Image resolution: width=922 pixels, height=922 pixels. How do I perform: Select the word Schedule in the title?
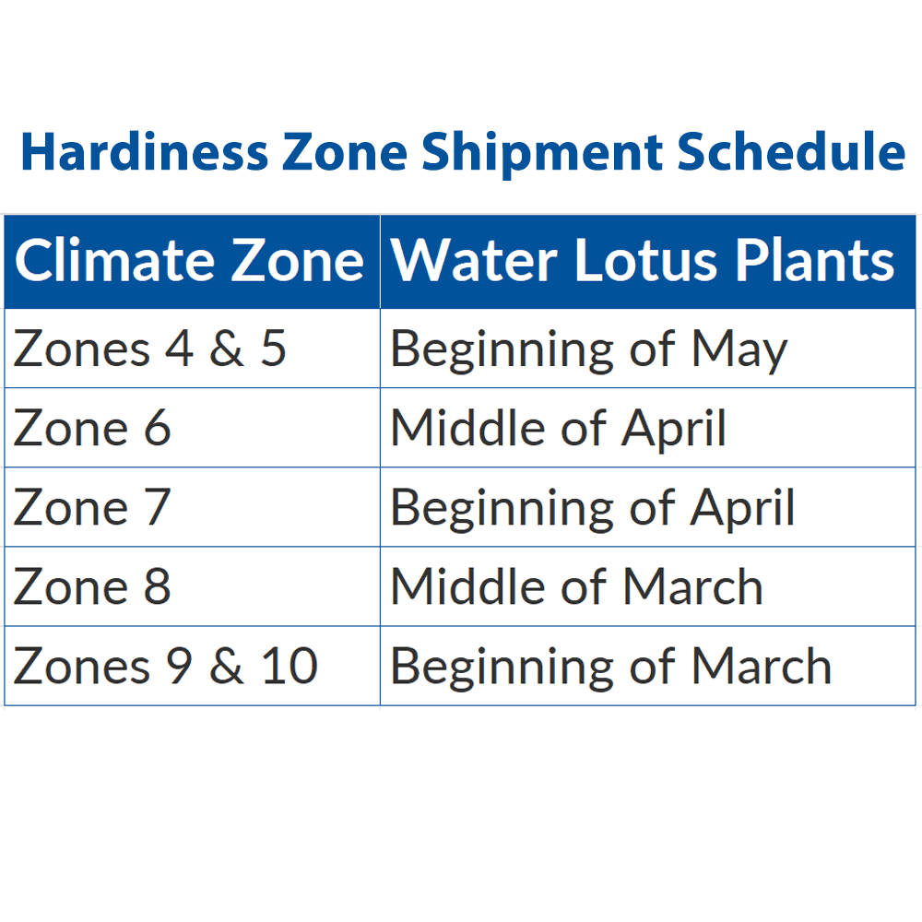(791, 152)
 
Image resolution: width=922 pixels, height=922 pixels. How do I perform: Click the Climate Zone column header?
(190, 261)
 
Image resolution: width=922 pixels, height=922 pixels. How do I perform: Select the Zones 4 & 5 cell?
(150, 349)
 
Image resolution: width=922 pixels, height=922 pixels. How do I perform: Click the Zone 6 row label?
(92, 428)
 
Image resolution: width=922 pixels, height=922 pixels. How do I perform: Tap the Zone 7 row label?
(92, 507)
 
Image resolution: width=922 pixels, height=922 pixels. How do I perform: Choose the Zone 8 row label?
(92, 586)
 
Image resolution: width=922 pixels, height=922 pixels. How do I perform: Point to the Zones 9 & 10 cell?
(166, 666)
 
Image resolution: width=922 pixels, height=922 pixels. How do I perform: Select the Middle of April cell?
(559, 428)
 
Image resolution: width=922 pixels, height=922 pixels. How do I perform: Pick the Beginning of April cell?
(592, 507)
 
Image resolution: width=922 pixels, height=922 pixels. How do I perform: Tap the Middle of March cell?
(576, 586)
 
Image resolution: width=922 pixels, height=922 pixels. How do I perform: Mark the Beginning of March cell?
(610, 666)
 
